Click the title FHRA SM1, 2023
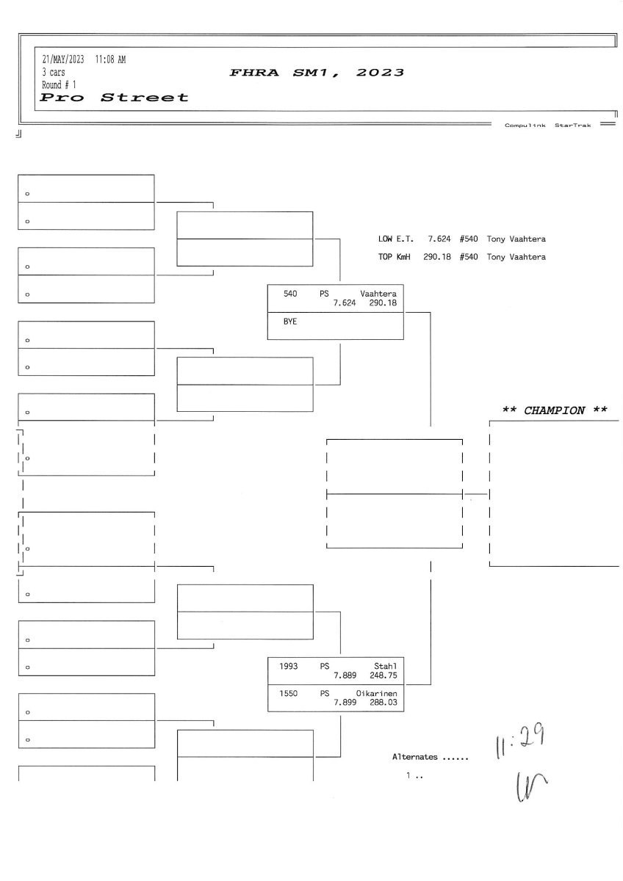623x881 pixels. coord(317,73)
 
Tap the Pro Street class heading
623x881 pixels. coord(114,97)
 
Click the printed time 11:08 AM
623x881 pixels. coord(110,60)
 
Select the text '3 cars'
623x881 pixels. coord(53,73)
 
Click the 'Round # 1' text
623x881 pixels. coord(59,84)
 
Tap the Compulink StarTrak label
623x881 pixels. coord(547,126)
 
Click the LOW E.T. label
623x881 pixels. coord(396,239)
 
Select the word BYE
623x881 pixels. coord(290,322)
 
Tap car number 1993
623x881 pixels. coord(288,666)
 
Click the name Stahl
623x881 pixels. coord(386,666)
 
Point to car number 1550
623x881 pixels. coord(288,693)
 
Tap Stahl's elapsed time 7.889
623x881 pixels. coord(345,675)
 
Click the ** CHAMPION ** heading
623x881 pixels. coord(554,410)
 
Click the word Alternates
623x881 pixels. coord(415,756)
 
